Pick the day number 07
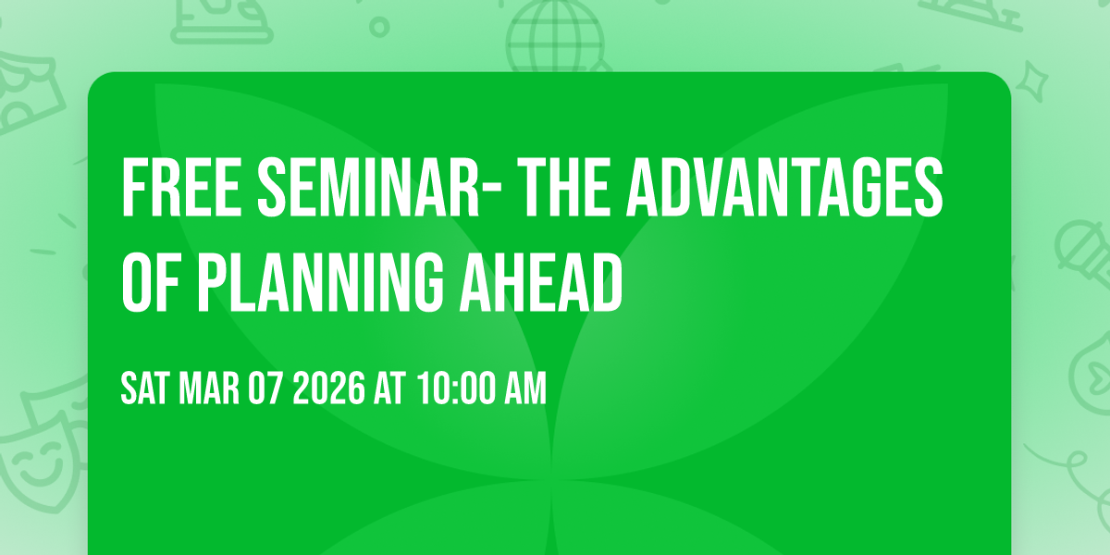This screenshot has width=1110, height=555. pos(267,388)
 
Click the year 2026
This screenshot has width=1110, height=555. pos(329,388)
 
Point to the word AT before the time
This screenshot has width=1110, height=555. pos(390,388)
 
